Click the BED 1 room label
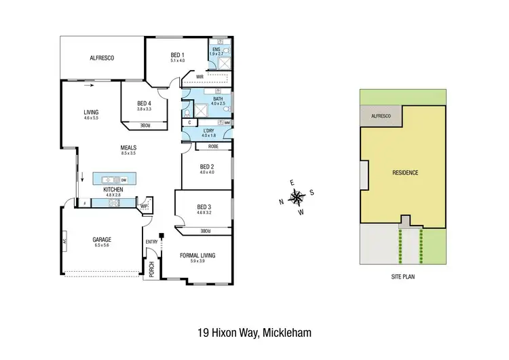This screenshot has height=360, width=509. pyautogui.click(x=177, y=54)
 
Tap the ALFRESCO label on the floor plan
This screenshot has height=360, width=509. pyautogui.click(x=102, y=58)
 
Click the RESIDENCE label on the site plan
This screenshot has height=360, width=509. pyautogui.click(x=404, y=173)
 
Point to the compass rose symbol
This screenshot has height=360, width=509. pyautogui.click(x=297, y=198)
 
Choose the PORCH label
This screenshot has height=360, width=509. pyautogui.click(x=151, y=270)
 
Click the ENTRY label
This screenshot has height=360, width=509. pyautogui.click(x=151, y=242)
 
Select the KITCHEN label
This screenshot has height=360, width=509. pyautogui.click(x=113, y=190)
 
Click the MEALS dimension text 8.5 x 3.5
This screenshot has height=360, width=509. pyautogui.click(x=128, y=154)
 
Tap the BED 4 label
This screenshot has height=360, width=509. pyautogui.click(x=144, y=103)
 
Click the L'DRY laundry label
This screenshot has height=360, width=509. pyautogui.click(x=208, y=130)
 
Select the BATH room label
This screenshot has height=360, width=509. pyautogui.click(x=217, y=99)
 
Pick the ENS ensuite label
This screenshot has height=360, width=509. pyautogui.click(x=216, y=49)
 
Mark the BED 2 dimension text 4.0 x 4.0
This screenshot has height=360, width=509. pyautogui.click(x=207, y=172)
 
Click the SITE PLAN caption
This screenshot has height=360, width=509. pyautogui.click(x=404, y=277)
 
